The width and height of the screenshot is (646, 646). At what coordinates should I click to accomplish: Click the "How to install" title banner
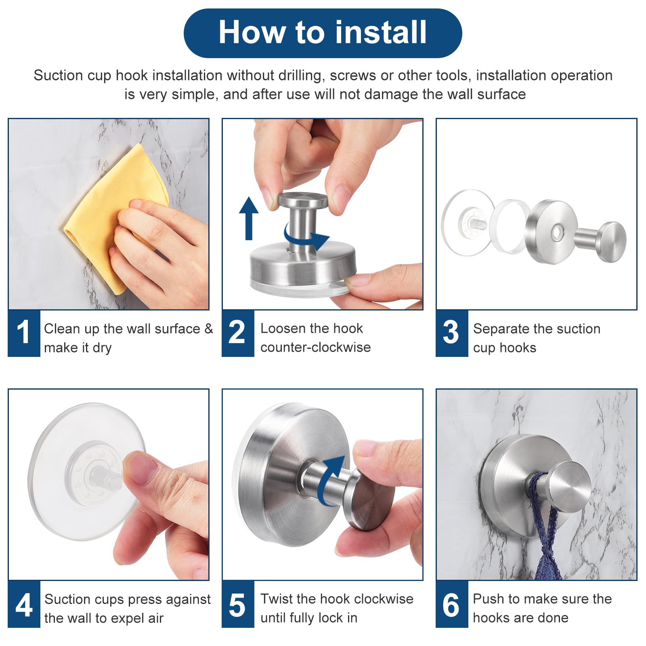323,33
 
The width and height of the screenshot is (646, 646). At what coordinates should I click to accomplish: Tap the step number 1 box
24,333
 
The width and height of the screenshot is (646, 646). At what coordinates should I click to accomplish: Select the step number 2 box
238,333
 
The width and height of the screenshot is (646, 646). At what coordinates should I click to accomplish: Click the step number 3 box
452,333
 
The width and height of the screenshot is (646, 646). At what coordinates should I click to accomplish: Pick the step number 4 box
24,604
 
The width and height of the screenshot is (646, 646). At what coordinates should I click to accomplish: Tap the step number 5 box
238,604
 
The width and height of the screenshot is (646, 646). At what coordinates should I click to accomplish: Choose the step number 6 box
452,604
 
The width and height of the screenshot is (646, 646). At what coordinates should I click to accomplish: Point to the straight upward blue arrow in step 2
249,218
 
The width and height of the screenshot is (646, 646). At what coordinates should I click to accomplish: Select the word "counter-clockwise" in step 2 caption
315,347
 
